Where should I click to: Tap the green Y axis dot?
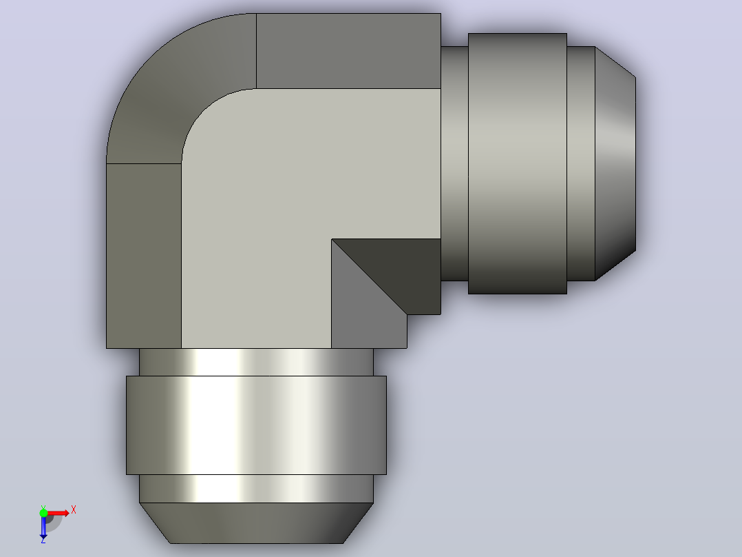click(x=43, y=513)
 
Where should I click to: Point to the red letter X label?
click(x=74, y=510)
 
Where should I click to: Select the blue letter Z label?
click(x=43, y=540)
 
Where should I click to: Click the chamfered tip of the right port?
click(x=615, y=163)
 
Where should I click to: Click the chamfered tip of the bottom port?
click(x=256, y=523)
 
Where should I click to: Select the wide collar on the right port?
click(x=517, y=163)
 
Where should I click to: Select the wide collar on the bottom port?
click(x=256, y=425)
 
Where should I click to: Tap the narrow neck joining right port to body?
click(x=454, y=163)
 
